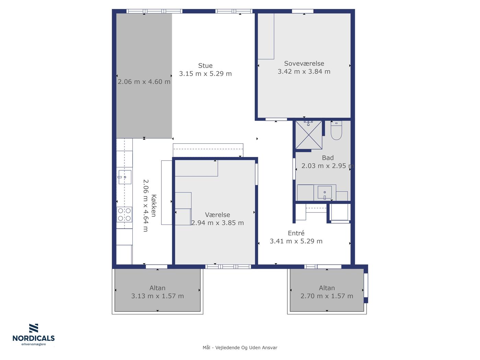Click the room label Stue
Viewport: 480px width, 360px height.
pyautogui.click(x=205, y=65)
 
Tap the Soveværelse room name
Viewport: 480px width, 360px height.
pyautogui.click(x=304, y=63)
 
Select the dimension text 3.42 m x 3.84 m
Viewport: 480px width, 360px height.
pyautogui.click(x=304, y=71)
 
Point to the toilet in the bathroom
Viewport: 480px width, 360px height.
pyautogui.click(x=336, y=131)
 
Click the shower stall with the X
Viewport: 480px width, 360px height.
pyautogui.click(x=309, y=135)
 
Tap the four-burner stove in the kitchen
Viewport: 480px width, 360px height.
pyautogui.click(x=124, y=214)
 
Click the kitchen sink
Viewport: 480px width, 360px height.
pyautogui.click(x=125, y=177)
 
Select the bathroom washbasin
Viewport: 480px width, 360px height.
pyautogui.click(x=325, y=192)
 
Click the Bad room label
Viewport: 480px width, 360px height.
pyautogui.click(x=328, y=158)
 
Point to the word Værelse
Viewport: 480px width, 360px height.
pyautogui.click(x=217, y=215)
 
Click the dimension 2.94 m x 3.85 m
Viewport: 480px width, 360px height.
pyautogui.click(x=218, y=223)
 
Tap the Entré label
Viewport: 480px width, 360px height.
pyautogui.click(x=296, y=233)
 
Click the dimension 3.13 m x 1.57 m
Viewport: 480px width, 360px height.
pyautogui.click(x=157, y=296)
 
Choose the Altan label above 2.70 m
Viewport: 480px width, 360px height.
pyautogui.click(x=327, y=288)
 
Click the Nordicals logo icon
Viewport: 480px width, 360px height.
pyautogui.click(x=34, y=328)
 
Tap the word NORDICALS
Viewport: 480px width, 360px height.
pyautogui.click(x=34, y=338)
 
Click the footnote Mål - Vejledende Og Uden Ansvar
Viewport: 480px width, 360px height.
pyautogui.click(x=240, y=348)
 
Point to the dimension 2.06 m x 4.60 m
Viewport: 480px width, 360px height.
pyautogui.click(x=144, y=82)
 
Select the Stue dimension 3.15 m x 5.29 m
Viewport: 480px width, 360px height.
pyautogui.click(x=205, y=74)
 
